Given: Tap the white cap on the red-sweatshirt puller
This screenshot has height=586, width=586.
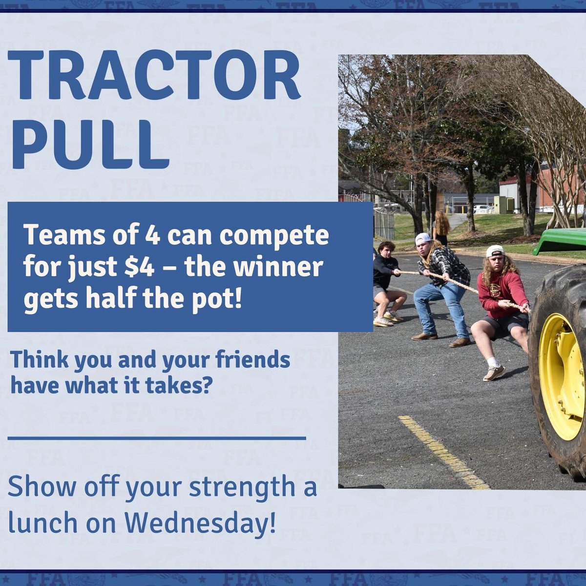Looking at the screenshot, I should (x=495, y=251).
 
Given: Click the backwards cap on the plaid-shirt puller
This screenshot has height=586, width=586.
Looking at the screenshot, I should (x=423, y=238).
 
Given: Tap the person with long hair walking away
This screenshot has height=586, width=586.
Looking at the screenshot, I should (x=441, y=227).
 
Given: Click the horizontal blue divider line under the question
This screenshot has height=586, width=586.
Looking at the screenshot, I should (x=156, y=438).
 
